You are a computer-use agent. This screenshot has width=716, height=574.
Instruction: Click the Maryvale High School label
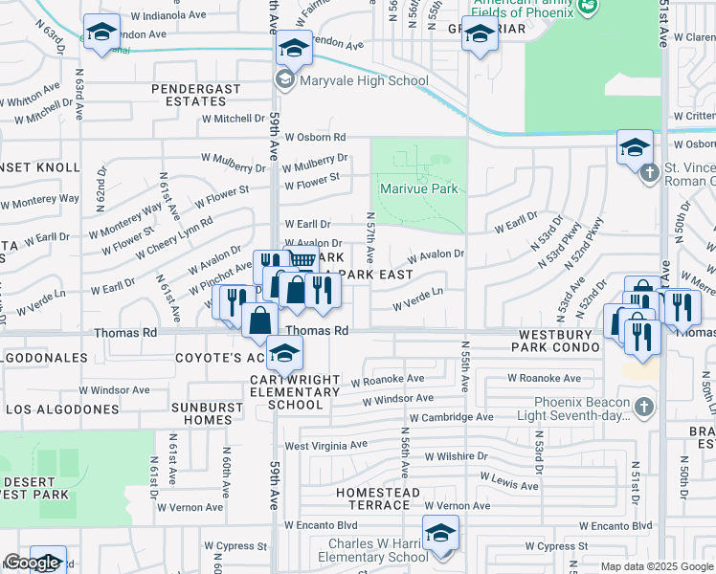(363, 81)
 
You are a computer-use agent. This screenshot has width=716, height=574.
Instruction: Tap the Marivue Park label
(419, 188)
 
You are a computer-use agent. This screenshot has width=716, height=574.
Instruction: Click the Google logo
(32, 563)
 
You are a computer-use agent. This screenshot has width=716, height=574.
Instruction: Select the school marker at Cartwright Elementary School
(283, 355)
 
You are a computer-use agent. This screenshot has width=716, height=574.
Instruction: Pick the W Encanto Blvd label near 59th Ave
(321, 525)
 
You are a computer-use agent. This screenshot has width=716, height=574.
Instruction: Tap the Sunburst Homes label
(200, 412)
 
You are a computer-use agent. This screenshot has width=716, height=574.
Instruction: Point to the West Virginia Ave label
(325, 446)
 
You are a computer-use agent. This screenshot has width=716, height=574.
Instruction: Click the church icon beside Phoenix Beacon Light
(645, 407)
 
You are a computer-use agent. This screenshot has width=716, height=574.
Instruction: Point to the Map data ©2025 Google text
(657, 566)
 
